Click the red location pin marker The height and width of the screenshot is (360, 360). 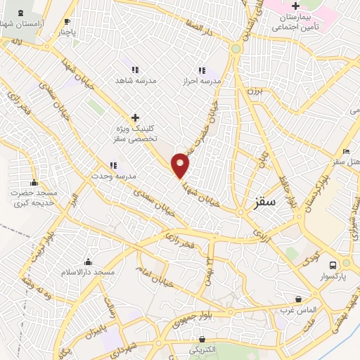click(181, 165)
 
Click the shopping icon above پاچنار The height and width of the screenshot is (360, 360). click(67, 22)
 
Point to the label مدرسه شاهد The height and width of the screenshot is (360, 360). click(134, 81)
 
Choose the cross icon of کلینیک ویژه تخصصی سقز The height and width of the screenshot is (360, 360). click(135, 117)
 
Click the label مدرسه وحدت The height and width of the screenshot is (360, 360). click(112, 174)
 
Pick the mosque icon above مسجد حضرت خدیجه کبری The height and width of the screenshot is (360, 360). click(34, 182)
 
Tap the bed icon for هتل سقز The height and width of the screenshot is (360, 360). click(345, 152)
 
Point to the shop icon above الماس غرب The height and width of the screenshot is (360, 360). click(298, 299)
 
